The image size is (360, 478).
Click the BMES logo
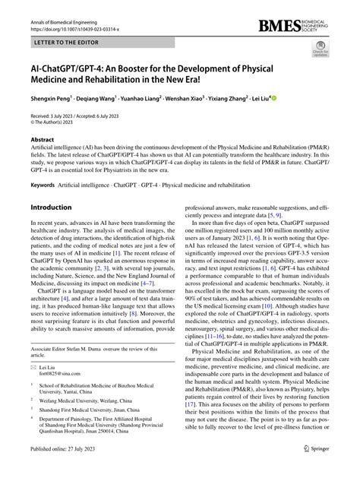tap(308, 27)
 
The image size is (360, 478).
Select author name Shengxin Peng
tap(52, 99)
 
